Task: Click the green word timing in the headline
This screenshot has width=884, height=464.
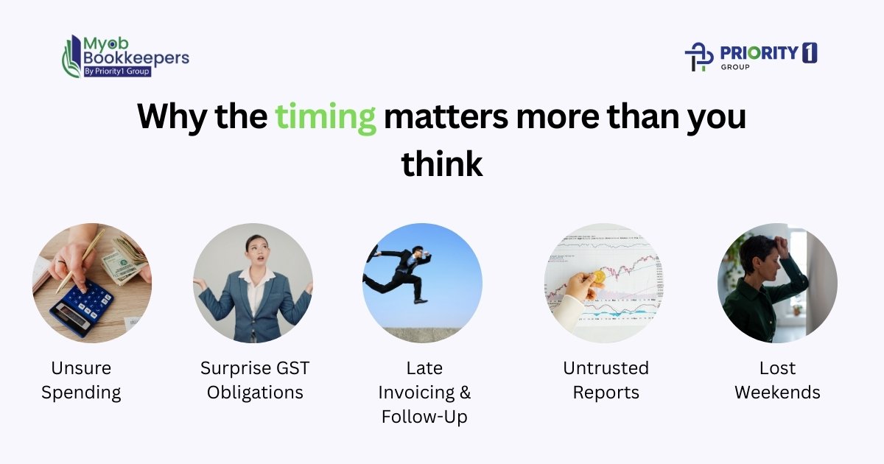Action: pos(326,118)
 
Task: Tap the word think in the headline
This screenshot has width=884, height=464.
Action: pos(442,164)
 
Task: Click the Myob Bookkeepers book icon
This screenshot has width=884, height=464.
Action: pos(71,56)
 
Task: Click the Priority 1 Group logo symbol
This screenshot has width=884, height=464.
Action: pos(699,57)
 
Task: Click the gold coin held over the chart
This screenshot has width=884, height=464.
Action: pos(599,276)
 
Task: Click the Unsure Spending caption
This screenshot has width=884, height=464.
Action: pos(81,380)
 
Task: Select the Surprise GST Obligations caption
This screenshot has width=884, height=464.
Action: pos(255,380)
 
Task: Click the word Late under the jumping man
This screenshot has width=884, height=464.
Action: pos(424,368)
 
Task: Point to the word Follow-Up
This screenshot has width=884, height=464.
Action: pos(424,416)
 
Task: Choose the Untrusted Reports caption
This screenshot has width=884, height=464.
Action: pos(606,380)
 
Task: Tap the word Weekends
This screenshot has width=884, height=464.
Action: pos(777,393)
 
